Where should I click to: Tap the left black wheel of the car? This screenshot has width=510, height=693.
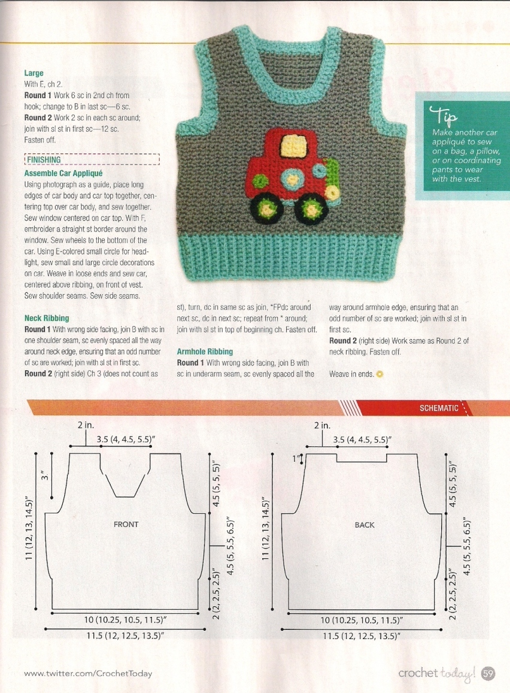click(x=265, y=208)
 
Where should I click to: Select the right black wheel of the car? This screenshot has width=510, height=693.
click(x=312, y=208)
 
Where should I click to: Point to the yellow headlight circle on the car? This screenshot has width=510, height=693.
click(x=332, y=192)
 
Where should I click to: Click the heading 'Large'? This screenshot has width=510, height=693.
click(x=34, y=73)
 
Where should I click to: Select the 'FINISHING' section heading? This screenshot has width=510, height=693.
click(x=43, y=160)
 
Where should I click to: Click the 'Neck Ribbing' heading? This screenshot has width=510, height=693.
click(x=47, y=318)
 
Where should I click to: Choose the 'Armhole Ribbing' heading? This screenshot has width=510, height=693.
click(x=205, y=352)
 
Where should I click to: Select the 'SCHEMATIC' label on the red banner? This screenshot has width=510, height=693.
click(x=439, y=408)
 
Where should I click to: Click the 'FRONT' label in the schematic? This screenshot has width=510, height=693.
click(x=126, y=524)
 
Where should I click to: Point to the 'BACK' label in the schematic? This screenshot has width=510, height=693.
click(x=364, y=525)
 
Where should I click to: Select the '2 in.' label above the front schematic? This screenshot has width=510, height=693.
click(x=86, y=425)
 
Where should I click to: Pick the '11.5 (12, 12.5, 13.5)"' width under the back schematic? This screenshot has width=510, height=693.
click(x=361, y=636)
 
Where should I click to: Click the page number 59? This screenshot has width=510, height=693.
click(x=488, y=674)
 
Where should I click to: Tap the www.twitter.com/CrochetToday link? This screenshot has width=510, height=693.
click(x=88, y=673)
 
